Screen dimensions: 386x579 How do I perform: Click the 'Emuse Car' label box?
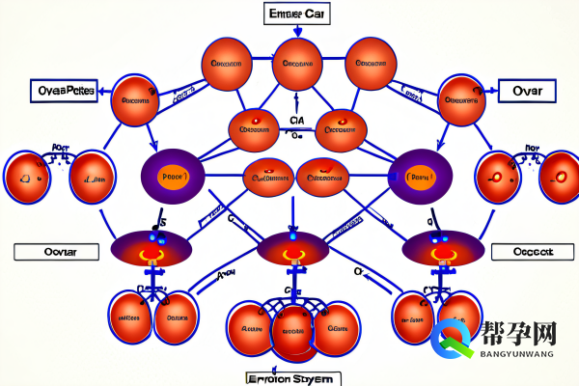(x=295, y=14)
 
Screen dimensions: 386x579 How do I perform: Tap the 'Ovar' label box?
(x=529, y=93)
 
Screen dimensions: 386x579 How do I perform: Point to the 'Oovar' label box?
(x=57, y=253)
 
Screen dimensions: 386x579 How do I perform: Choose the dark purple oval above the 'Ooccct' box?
(x=441, y=248)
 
